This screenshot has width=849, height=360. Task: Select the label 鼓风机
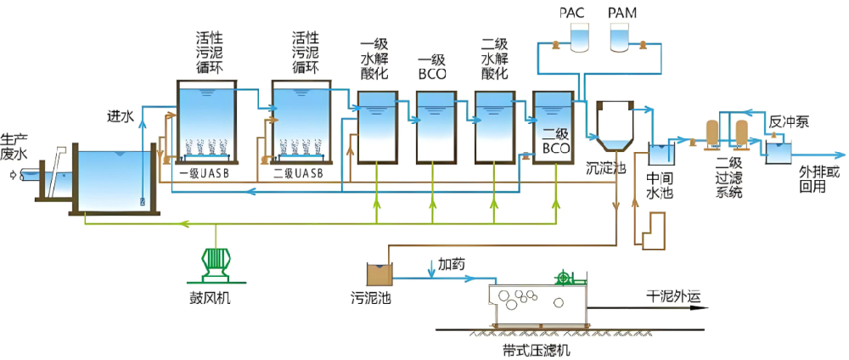pos(210,298)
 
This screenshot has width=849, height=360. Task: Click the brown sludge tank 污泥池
pos(379,273)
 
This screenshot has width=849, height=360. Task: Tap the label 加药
pos(451,264)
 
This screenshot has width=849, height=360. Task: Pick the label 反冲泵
pos(789,121)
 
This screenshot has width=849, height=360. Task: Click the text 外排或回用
pos(818,180)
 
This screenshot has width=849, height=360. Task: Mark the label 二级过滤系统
pos(728,177)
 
